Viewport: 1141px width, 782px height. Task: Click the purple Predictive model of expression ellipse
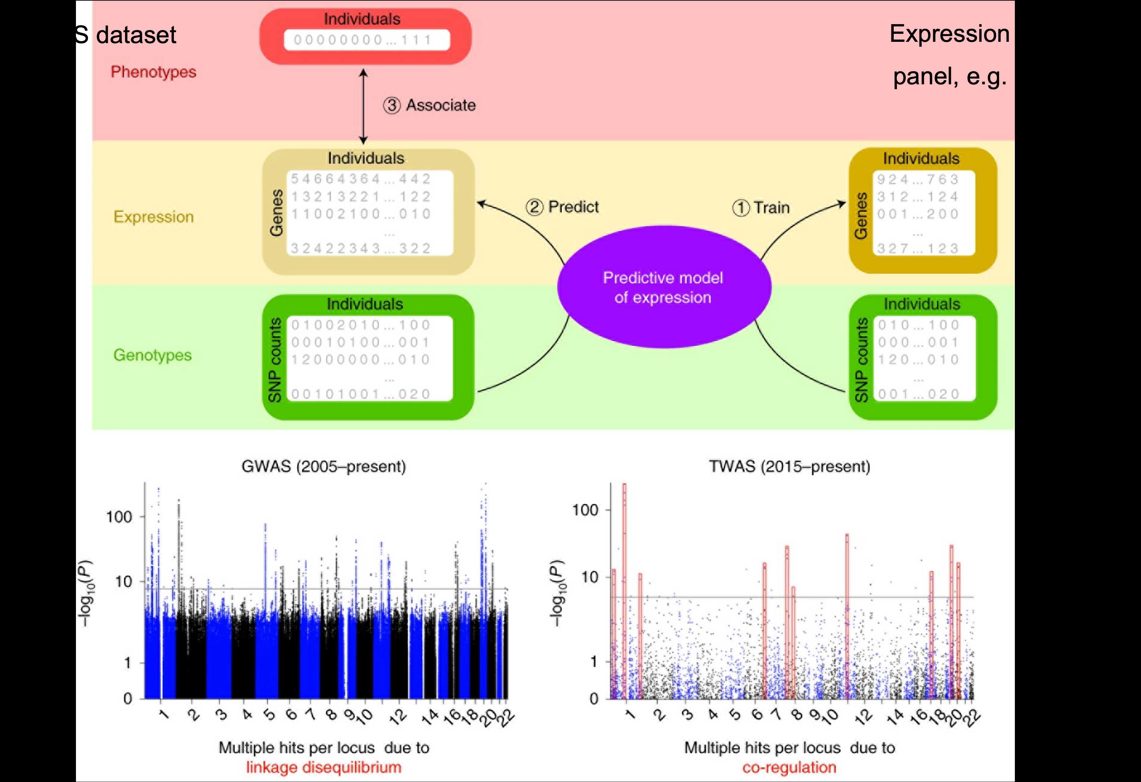click(664, 287)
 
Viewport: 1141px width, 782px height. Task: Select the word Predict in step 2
click(574, 207)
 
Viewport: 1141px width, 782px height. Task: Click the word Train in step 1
click(772, 208)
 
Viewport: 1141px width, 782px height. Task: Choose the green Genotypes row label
click(152, 355)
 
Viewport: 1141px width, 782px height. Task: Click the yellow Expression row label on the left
click(153, 217)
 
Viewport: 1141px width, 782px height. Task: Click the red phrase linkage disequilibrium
click(324, 767)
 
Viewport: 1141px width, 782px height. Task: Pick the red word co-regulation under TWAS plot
click(789, 767)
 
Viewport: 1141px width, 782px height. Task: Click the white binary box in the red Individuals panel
click(366, 40)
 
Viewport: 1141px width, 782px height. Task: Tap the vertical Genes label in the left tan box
click(276, 212)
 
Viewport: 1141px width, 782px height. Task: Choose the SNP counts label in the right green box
click(862, 360)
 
